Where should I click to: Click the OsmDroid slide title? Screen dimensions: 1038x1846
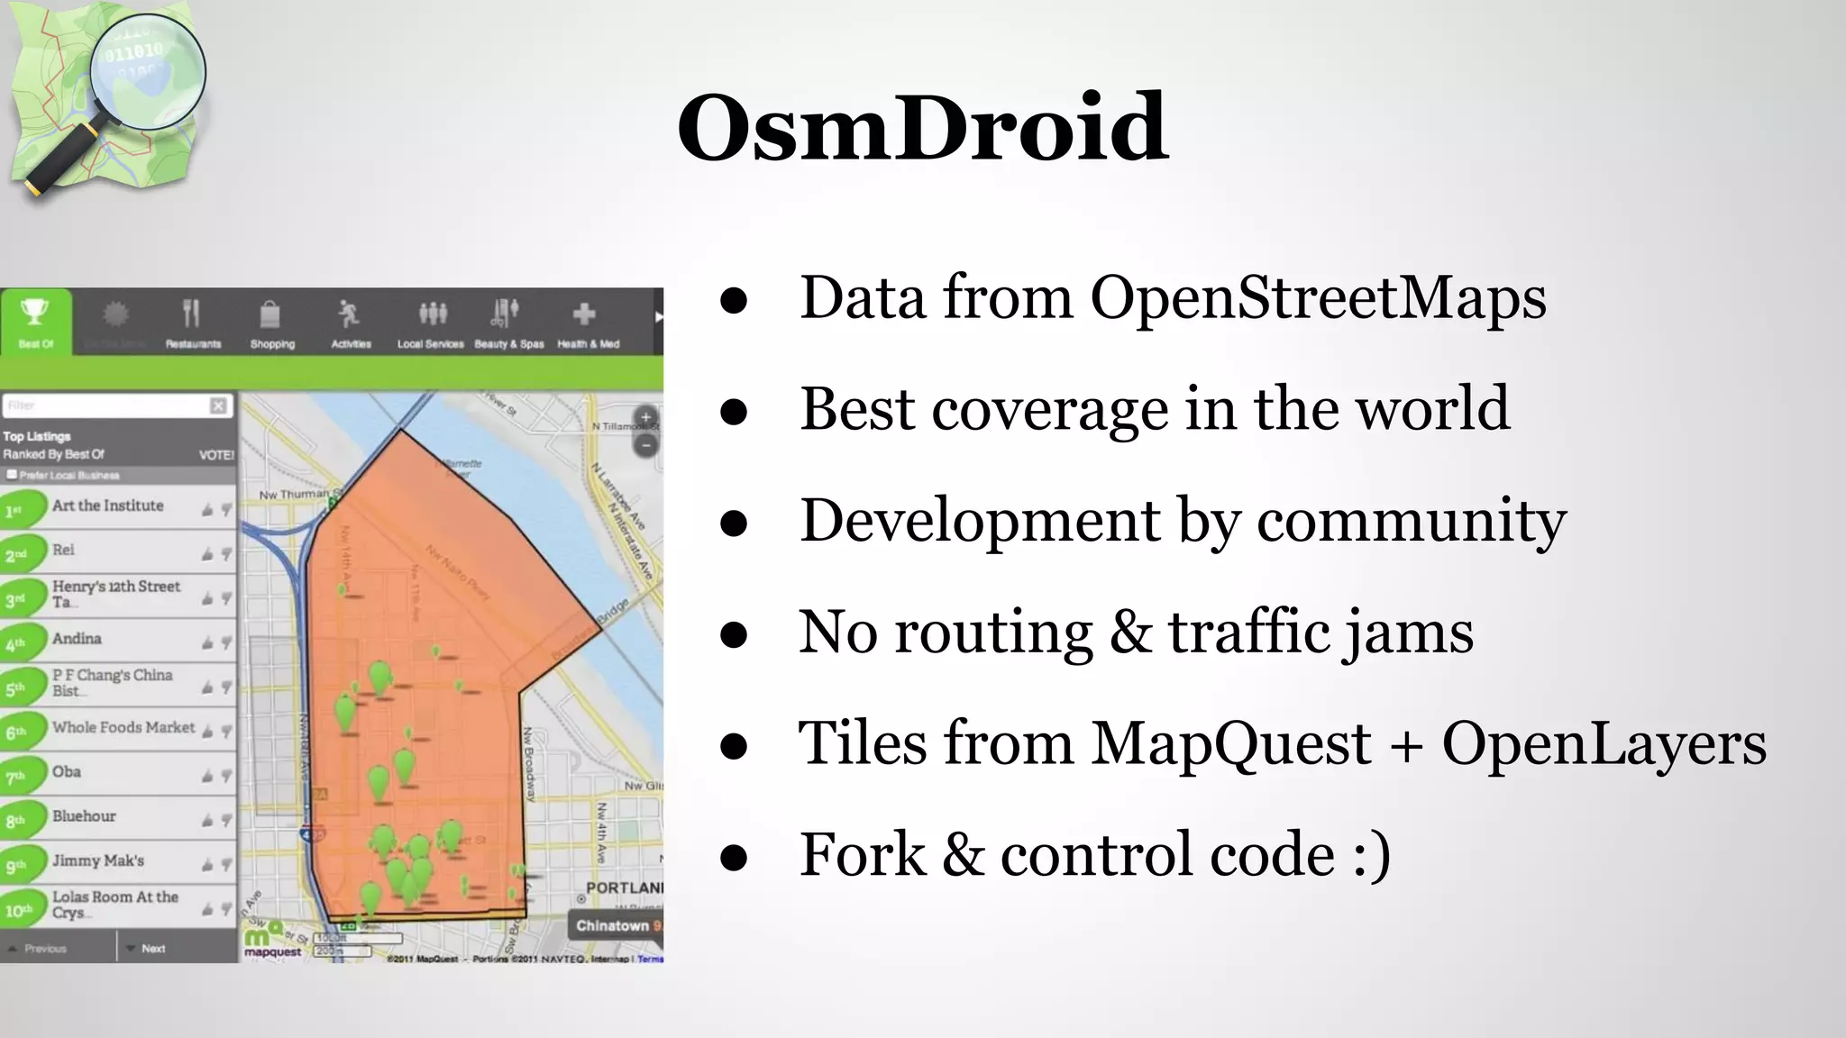tap(922, 128)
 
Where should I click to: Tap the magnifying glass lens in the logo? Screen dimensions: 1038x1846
tap(149, 72)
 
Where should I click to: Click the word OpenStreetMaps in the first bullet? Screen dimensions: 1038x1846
tap(1318, 297)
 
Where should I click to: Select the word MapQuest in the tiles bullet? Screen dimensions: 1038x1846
tap(1230, 744)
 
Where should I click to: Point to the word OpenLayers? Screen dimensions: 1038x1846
tap(1604, 744)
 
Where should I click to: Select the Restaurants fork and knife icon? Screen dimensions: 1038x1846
tap(191, 314)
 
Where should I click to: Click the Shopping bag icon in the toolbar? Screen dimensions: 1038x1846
tap(270, 314)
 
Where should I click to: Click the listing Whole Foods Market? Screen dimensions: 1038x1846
tap(123, 727)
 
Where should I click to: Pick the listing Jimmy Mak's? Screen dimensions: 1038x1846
tap(97, 860)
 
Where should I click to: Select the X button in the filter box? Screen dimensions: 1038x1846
tap(218, 405)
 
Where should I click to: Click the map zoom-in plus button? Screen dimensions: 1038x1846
tap(645, 418)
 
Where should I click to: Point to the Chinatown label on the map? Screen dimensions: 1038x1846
tap(614, 925)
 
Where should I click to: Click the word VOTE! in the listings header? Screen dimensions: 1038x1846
tap(216, 455)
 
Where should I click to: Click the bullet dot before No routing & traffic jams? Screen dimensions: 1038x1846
tap(734, 634)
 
